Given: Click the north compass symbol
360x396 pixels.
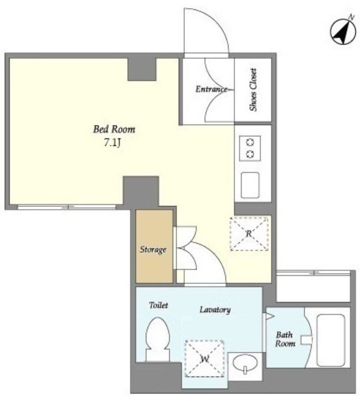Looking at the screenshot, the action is click(343, 31).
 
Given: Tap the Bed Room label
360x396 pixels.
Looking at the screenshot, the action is click(114, 129).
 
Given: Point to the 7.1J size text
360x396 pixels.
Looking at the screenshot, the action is click(112, 143).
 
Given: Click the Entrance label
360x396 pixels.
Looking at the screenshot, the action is click(211, 89).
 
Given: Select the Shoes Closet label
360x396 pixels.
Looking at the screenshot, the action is click(253, 89).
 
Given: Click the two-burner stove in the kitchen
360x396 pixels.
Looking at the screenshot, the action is click(250, 148).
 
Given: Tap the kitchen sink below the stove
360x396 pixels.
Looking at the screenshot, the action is click(250, 185).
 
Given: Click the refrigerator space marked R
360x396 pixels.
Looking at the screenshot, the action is click(249, 234).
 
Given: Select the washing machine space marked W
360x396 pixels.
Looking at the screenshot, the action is click(204, 358).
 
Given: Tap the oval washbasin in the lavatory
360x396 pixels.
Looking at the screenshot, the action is click(245, 364).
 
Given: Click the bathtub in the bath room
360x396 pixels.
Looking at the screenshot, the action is click(331, 340).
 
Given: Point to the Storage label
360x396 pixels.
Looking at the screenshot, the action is click(153, 249).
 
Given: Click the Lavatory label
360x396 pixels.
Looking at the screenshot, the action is click(215, 309).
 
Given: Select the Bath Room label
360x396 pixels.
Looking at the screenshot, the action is click(285, 339).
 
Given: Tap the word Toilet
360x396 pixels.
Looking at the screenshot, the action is click(158, 305).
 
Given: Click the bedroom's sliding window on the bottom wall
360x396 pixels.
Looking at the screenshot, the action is click(66, 207).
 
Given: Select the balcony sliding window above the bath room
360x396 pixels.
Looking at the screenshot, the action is click(313, 272).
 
